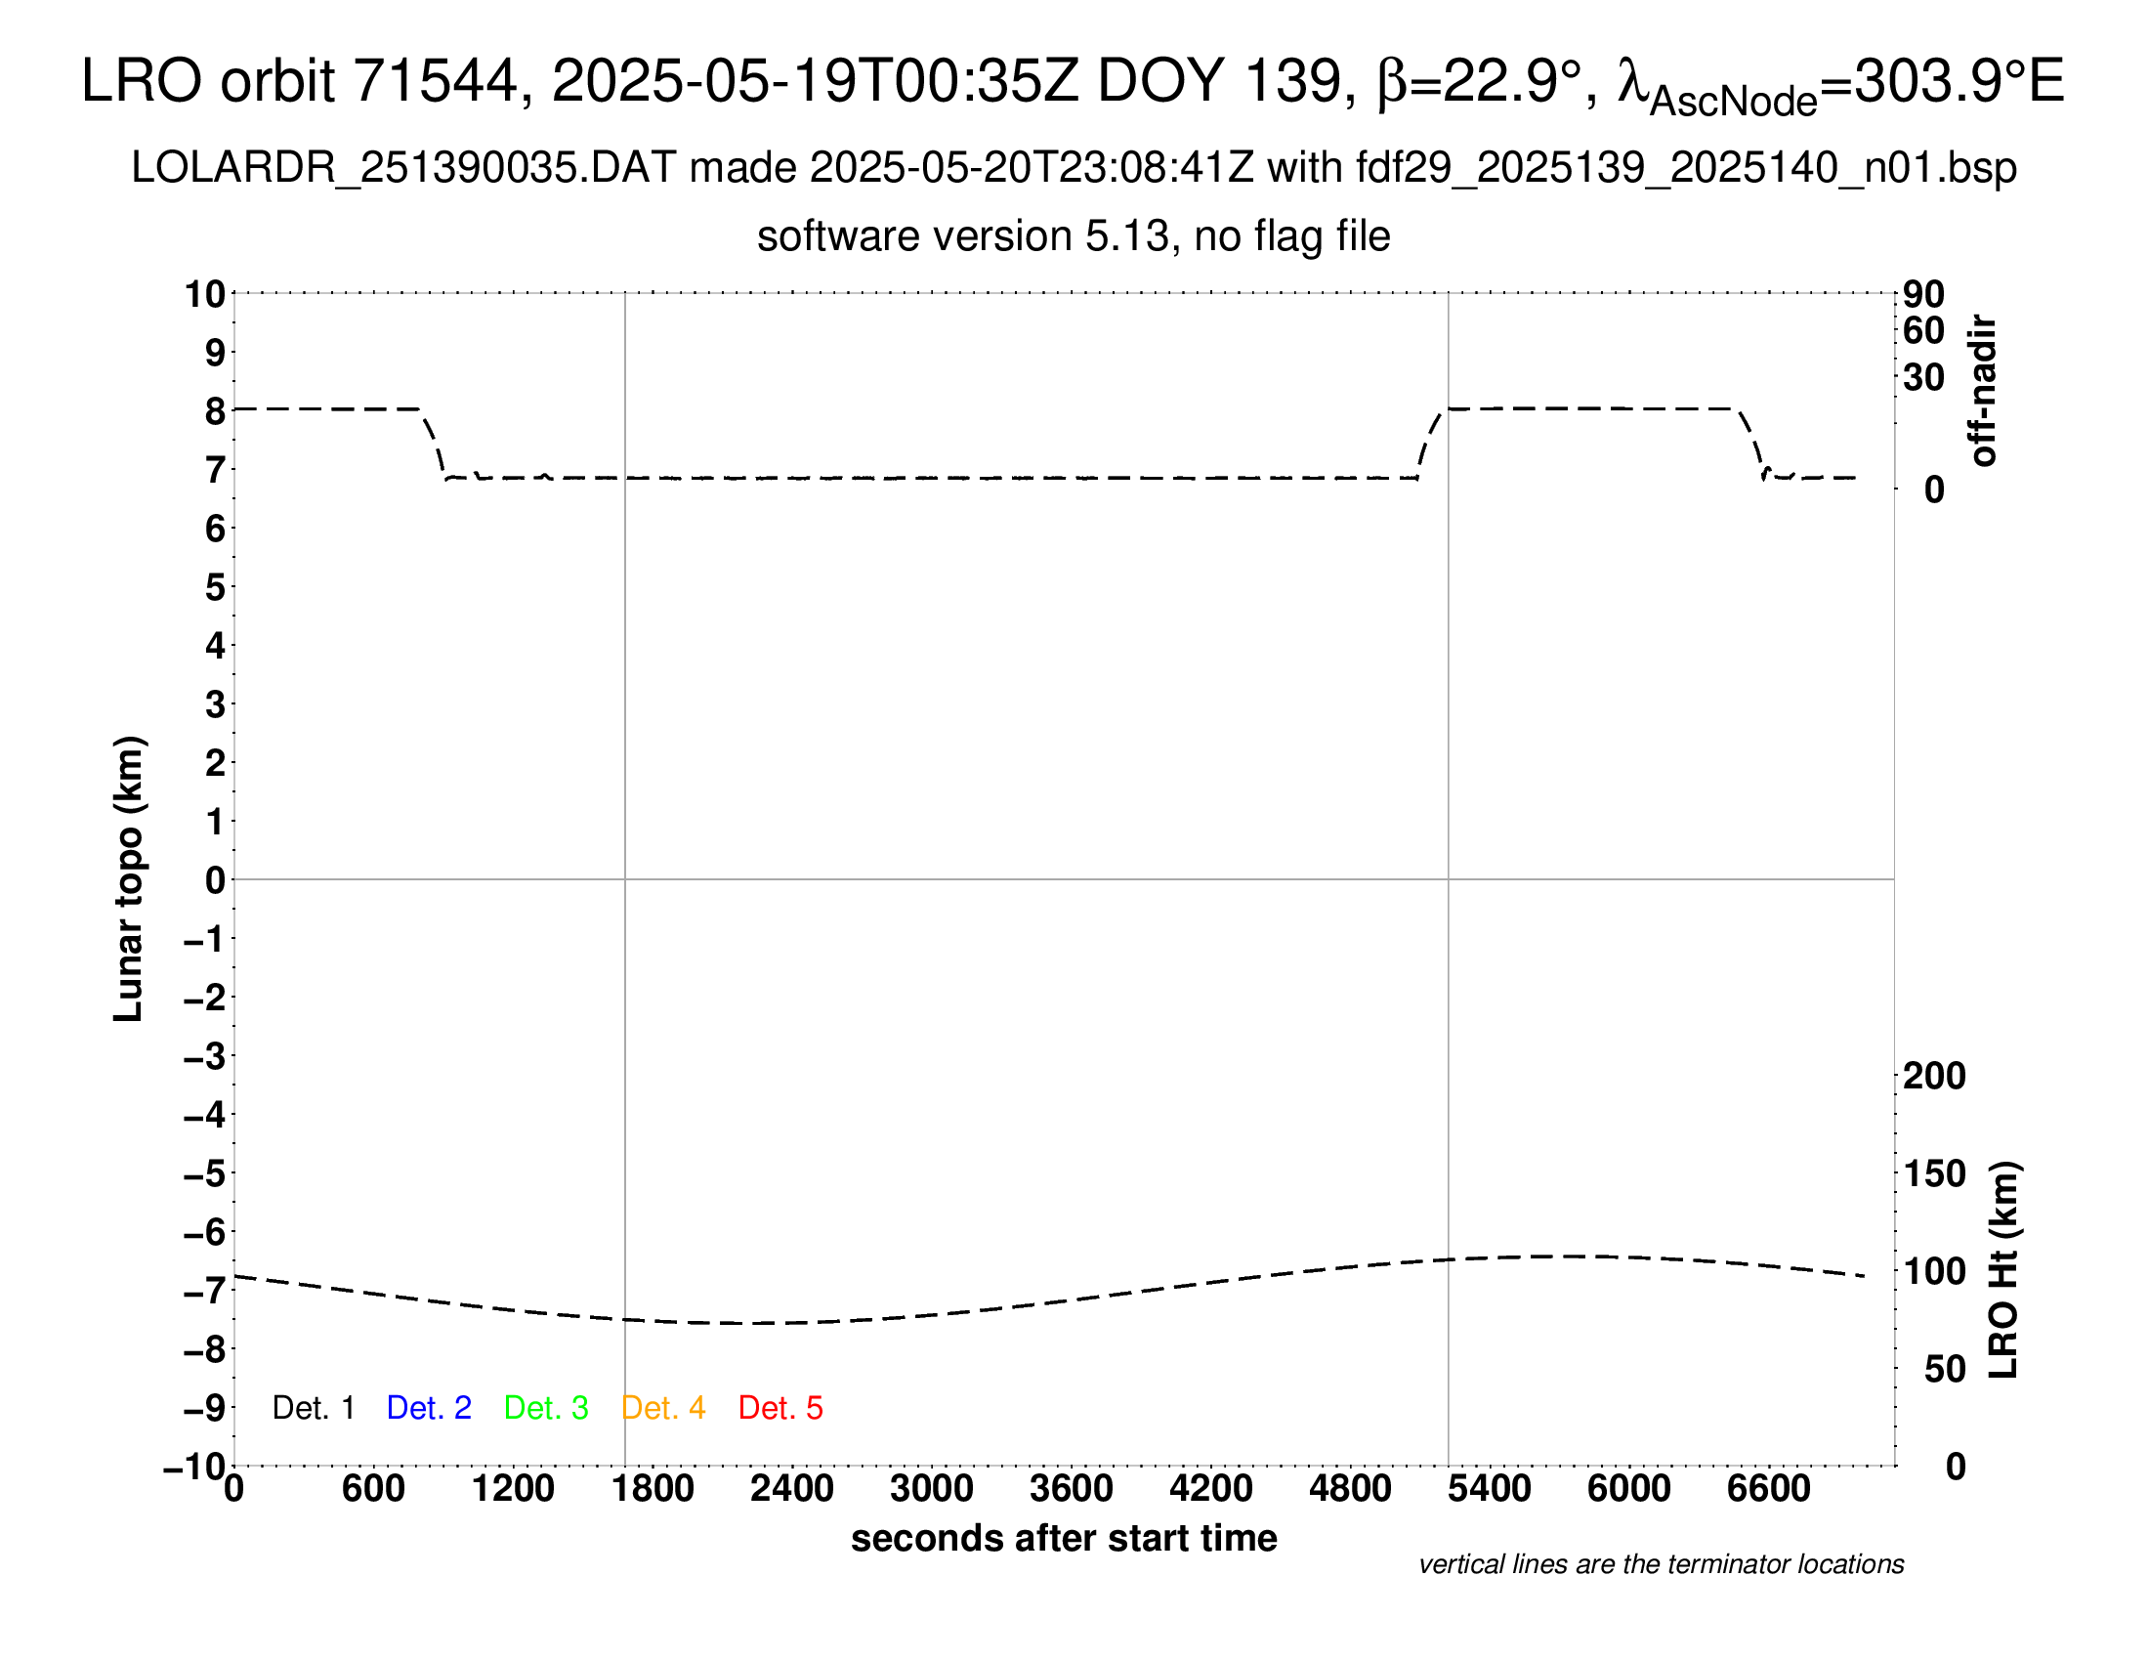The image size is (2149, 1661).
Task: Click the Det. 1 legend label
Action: [313, 1408]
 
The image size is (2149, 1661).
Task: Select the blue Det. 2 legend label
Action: [429, 1408]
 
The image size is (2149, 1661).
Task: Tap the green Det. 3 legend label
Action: [546, 1408]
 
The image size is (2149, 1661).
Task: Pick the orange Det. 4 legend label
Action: [663, 1408]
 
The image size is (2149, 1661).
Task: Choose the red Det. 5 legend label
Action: [780, 1408]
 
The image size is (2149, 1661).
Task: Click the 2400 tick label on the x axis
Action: [792, 1489]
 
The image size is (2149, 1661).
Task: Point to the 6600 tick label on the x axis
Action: [1768, 1489]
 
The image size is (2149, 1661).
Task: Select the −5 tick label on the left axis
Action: [205, 1173]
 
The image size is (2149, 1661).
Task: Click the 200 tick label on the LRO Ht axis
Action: [1934, 1076]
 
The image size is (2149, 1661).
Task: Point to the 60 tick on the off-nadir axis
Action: [1923, 330]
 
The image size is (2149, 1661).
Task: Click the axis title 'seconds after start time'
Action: [1064, 1538]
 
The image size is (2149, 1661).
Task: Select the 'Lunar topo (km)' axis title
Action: [129, 878]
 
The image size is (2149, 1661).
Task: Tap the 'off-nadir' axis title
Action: [1984, 391]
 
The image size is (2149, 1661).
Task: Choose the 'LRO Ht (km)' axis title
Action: [2003, 1270]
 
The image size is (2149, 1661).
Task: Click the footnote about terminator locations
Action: [1661, 1564]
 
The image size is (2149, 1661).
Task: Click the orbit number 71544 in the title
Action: [435, 81]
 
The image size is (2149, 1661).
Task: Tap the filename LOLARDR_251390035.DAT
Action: [403, 168]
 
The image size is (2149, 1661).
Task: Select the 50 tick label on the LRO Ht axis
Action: [1944, 1369]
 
